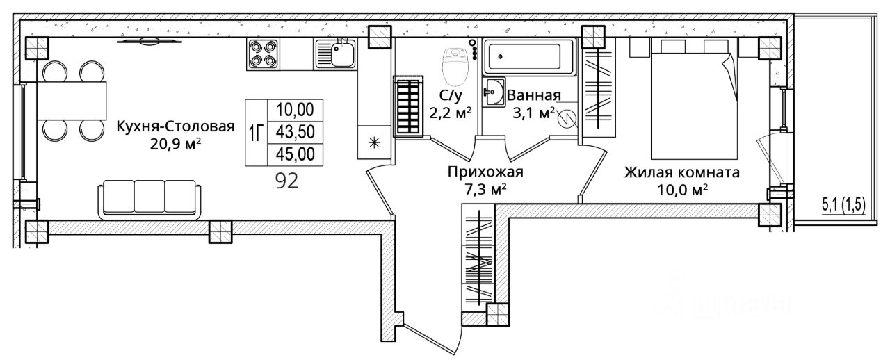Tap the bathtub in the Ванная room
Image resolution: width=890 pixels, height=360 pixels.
[x=529, y=58]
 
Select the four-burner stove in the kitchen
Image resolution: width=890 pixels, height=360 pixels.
[x=264, y=54]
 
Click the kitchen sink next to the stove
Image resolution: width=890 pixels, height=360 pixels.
[x=336, y=54]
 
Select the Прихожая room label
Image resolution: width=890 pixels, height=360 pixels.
[x=486, y=172]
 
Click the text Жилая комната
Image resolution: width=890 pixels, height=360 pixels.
[x=681, y=172]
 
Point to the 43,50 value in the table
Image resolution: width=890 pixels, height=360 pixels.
[x=295, y=132]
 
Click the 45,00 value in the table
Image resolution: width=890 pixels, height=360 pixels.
[x=295, y=154]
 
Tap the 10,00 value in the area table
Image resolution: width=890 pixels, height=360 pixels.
[x=295, y=110]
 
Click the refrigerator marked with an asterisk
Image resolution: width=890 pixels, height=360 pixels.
[x=374, y=143]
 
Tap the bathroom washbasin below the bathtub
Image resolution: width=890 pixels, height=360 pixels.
[x=495, y=92]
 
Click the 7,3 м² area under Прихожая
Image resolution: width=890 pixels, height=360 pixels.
[x=486, y=188]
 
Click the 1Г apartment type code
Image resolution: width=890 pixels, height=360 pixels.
[x=255, y=132]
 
